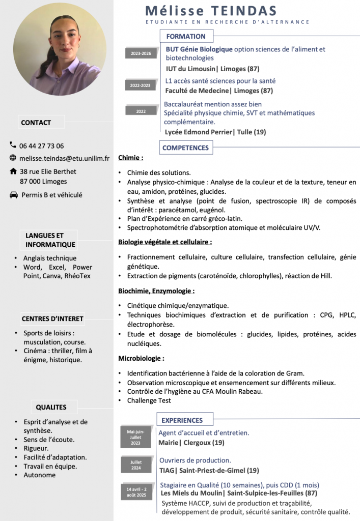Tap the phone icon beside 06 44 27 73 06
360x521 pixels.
coord(13,146)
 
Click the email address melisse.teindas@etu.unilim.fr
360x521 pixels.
coord(64,158)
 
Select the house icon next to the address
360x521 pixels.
coord(13,171)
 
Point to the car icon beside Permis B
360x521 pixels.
coord(13,195)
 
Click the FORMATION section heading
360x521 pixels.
coord(186,36)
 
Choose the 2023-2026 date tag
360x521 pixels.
coord(141,53)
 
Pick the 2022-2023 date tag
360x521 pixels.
coord(140,85)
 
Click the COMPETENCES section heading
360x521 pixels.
coord(186,148)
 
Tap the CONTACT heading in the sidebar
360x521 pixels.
coord(36,123)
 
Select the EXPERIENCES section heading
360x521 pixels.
coord(182,420)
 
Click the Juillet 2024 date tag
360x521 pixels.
coord(136,465)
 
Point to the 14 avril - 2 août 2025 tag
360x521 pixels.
coord(136,491)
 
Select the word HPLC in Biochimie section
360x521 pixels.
coord(346,315)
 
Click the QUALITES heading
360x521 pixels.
coord(51,407)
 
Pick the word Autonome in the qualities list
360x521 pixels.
coord(40,475)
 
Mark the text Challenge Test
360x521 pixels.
coord(149,400)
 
